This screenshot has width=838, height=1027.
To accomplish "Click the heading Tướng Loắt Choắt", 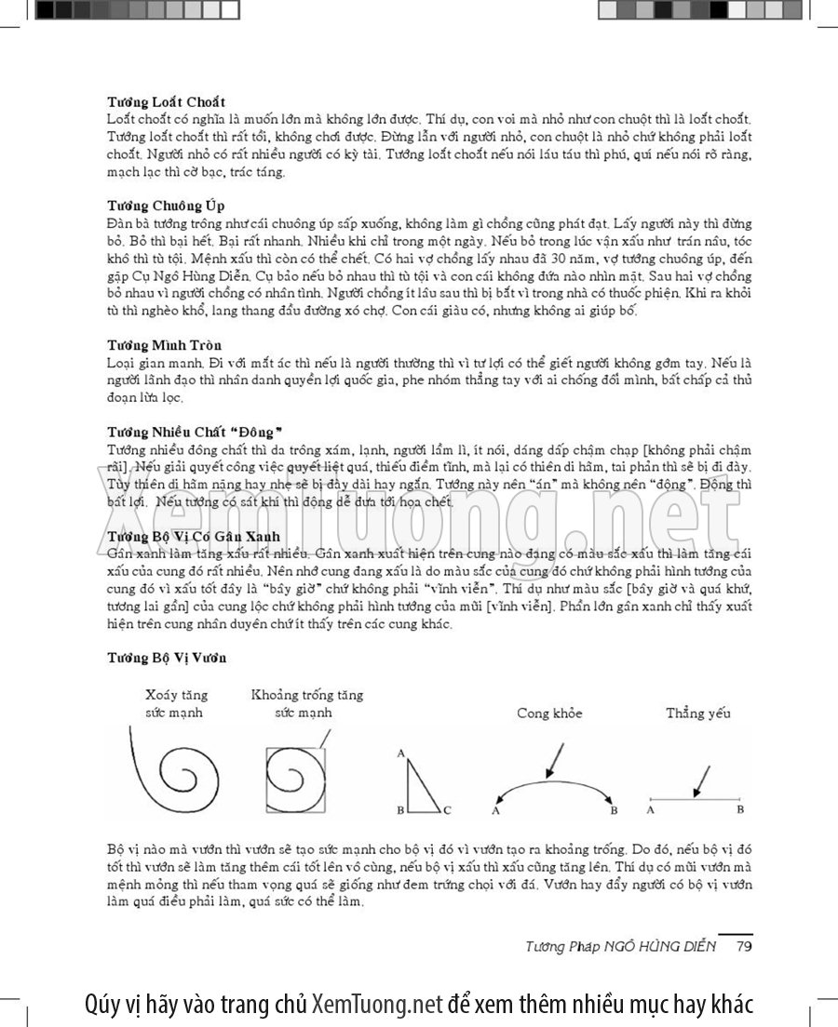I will (x=166, y=100).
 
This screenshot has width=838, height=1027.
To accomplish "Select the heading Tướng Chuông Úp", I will (x=165, y=205).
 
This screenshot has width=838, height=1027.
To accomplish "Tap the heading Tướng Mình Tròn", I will (x=164, y=345).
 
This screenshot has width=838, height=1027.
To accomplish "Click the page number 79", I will (x=743, y=946).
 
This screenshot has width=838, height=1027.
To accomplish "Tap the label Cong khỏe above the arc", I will (x=549, y=713).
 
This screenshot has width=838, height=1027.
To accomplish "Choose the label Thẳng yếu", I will (x=697, y=713).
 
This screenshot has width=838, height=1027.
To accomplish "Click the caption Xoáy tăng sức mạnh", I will (x=176, y=703).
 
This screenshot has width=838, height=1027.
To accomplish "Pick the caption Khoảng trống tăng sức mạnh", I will (x=307, y=703).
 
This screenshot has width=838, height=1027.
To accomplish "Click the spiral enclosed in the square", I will (x=296, y=780).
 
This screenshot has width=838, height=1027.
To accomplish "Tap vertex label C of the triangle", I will (x=448, y=811).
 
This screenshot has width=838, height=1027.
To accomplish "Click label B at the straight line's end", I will (x=740, y=809).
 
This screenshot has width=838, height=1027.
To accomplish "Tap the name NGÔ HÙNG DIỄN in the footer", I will (x=664, y=946).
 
